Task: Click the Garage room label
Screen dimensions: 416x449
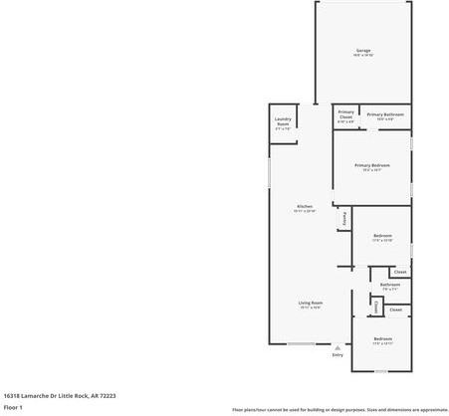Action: pyautogui.click(x=363, y=50)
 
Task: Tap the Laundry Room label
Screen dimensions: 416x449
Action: pyautogui.click(x=283, y=124)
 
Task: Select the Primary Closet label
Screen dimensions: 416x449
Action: pyautogui.click(x=345, y=113)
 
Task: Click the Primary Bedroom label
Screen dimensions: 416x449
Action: pyautogui.click(x=371, y=165)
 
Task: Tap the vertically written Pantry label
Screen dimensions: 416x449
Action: pyautogui.click(x=344, y=217)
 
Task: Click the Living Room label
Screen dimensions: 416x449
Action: pyautogui.click(x=311, y=303)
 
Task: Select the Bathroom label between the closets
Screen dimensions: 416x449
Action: pyautogui.click(x=389, y=285)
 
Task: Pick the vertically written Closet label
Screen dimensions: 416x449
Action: pyautogui.click(x=375, y=308)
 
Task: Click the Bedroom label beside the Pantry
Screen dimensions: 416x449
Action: pyautogui.click(x=382, y=235)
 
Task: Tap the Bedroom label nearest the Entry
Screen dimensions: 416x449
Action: pyautogui.click(x=383, y=339)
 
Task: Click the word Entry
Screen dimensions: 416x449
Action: pyautogui.click(x=337, y=354)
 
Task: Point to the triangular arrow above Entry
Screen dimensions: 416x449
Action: pyautogui.click(x=337, y=347)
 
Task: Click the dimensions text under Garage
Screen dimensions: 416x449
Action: pyautogui.click(x=363, y=56)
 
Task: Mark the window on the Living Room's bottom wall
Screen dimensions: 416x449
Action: pyautogui.click(x=302, y=344)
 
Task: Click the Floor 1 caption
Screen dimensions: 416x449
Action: pyautogui.click(x=13, y=407)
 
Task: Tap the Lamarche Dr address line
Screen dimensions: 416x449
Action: pyautogui.click(x=60, y=395)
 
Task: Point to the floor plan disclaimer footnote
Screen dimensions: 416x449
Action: pyautogui.click(x=339, y=409)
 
